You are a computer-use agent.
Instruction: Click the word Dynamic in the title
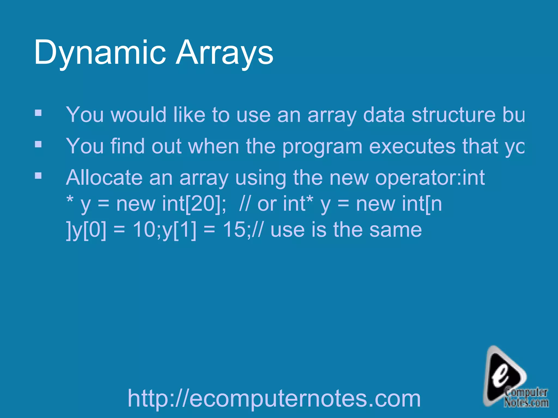(x=100, y=52)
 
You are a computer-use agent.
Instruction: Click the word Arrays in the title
(x=225, y=52)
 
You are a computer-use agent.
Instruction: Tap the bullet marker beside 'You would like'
(x=38, y=113)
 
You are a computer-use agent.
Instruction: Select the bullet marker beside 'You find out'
(x=38, y=144)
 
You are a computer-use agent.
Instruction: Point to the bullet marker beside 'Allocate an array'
(x=38, y=176)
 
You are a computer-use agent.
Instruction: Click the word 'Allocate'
(x=104, y=177)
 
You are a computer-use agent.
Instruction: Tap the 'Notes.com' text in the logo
(x=526, y=402)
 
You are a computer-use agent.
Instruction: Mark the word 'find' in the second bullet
(x=127, y=146)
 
